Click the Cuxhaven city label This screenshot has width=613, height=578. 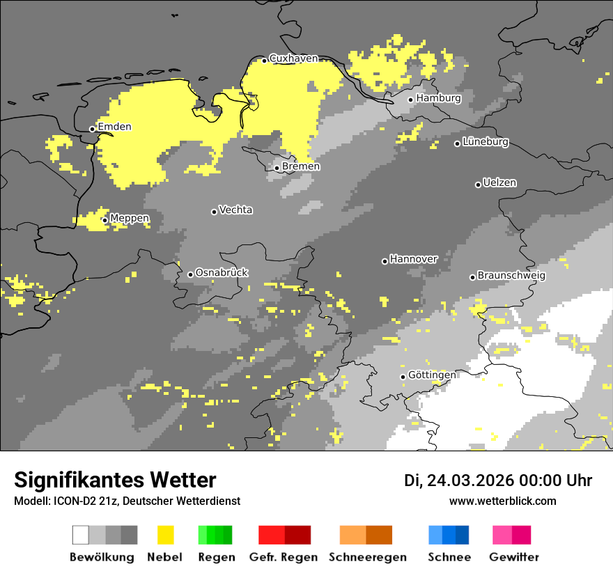coord(293,58)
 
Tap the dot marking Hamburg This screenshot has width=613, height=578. coord(411,100)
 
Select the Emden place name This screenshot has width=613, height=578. coord(114,127)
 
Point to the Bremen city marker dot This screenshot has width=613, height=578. coord(277,168)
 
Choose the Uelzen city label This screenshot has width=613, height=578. coord(499,183)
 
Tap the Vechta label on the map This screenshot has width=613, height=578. coord(235,210)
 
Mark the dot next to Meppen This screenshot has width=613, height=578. coord(104,220)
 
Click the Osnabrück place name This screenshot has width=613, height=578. coord(222,273)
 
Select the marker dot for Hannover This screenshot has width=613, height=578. coord(385,261)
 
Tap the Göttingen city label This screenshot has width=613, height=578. coord(432,375)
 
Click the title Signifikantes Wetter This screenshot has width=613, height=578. coord(115,480)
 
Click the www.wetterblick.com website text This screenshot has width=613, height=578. coord(502,501)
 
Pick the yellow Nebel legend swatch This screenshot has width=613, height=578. coord(165,535)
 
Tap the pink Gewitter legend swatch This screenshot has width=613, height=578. coord(511,535)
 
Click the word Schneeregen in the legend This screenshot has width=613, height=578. coord(368,557)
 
